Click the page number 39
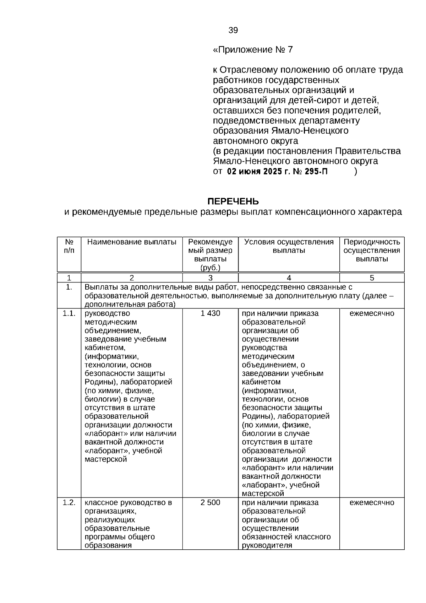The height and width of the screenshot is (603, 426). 233,30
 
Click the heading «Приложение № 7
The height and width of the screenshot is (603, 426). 253,50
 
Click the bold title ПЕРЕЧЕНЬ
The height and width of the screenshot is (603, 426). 233,202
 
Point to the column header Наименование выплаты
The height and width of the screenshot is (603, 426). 132,242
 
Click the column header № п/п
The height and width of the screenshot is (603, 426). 69,246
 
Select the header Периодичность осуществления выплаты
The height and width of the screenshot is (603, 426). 372,251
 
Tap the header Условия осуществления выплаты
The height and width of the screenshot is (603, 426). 289,246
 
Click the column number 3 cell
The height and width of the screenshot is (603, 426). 210,278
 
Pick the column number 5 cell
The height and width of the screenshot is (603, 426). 372,278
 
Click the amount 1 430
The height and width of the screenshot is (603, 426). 210,313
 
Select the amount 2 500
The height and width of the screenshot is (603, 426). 210,503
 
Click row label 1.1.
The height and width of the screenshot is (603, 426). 69,313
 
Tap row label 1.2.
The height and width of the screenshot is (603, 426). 69,503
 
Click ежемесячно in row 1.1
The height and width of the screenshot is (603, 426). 372,313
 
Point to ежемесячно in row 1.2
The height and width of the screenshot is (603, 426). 372,503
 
